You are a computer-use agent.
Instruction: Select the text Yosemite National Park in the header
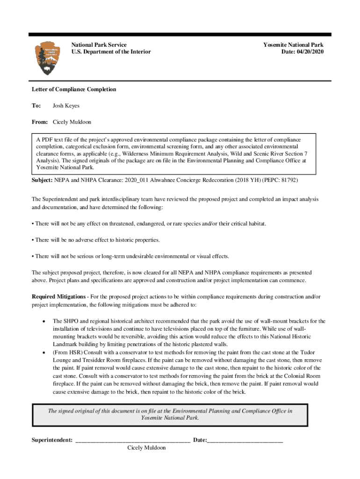pos(293,45)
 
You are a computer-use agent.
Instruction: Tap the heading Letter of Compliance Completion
pos(74,89)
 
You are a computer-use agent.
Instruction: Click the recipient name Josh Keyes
pos(66,106)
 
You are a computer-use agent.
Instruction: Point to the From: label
pos(40,122)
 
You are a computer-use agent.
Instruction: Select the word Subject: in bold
pos(43,180)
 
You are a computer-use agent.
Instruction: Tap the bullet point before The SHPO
pos(43,322)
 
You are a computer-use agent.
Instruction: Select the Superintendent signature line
pos(132,440)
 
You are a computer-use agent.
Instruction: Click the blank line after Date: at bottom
pos(245,440)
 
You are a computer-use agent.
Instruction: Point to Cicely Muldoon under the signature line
pos(146,448)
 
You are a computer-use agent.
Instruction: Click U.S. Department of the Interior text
pos(111,52)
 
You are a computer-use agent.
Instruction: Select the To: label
pos(36,106)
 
